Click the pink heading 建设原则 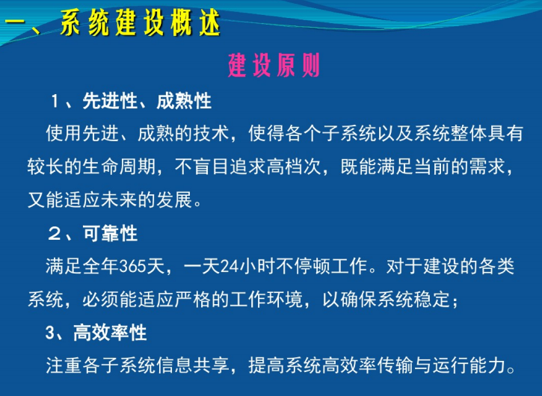pos(274,66)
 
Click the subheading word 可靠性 pos(110,233)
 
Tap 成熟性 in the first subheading pos(184,100)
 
